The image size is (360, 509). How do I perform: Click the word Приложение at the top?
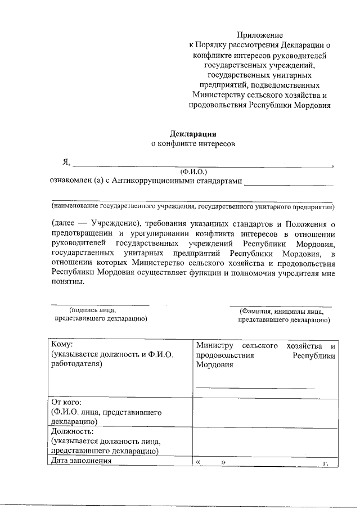pos(259,35)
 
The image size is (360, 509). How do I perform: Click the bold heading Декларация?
pos(193,134)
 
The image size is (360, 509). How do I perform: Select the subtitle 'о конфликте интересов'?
pos(193,143)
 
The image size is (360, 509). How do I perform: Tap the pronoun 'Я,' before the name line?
pos(66,163)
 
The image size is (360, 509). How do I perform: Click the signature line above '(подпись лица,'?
pos(101,305)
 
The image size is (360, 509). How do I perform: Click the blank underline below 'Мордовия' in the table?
pos(255,388)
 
